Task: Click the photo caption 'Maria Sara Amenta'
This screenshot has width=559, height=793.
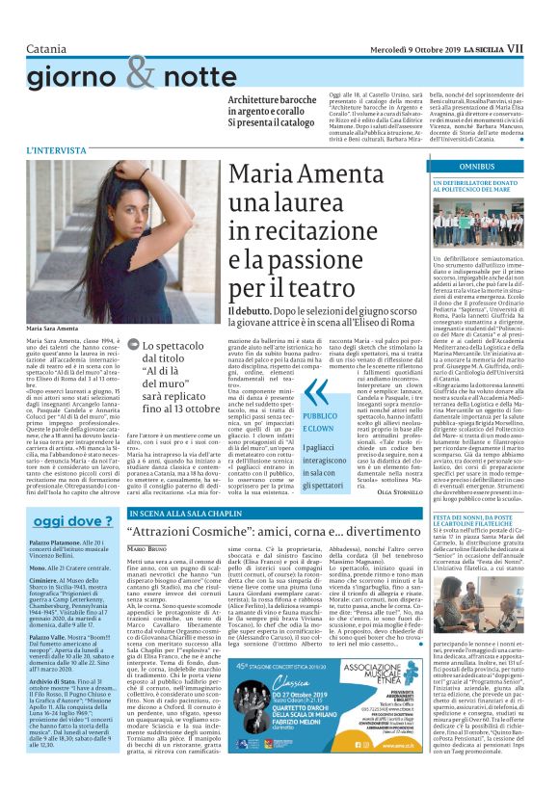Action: pyautogui.click(x=52, y=329)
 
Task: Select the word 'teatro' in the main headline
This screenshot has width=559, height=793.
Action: pyautogui.click(x=308, y=288)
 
